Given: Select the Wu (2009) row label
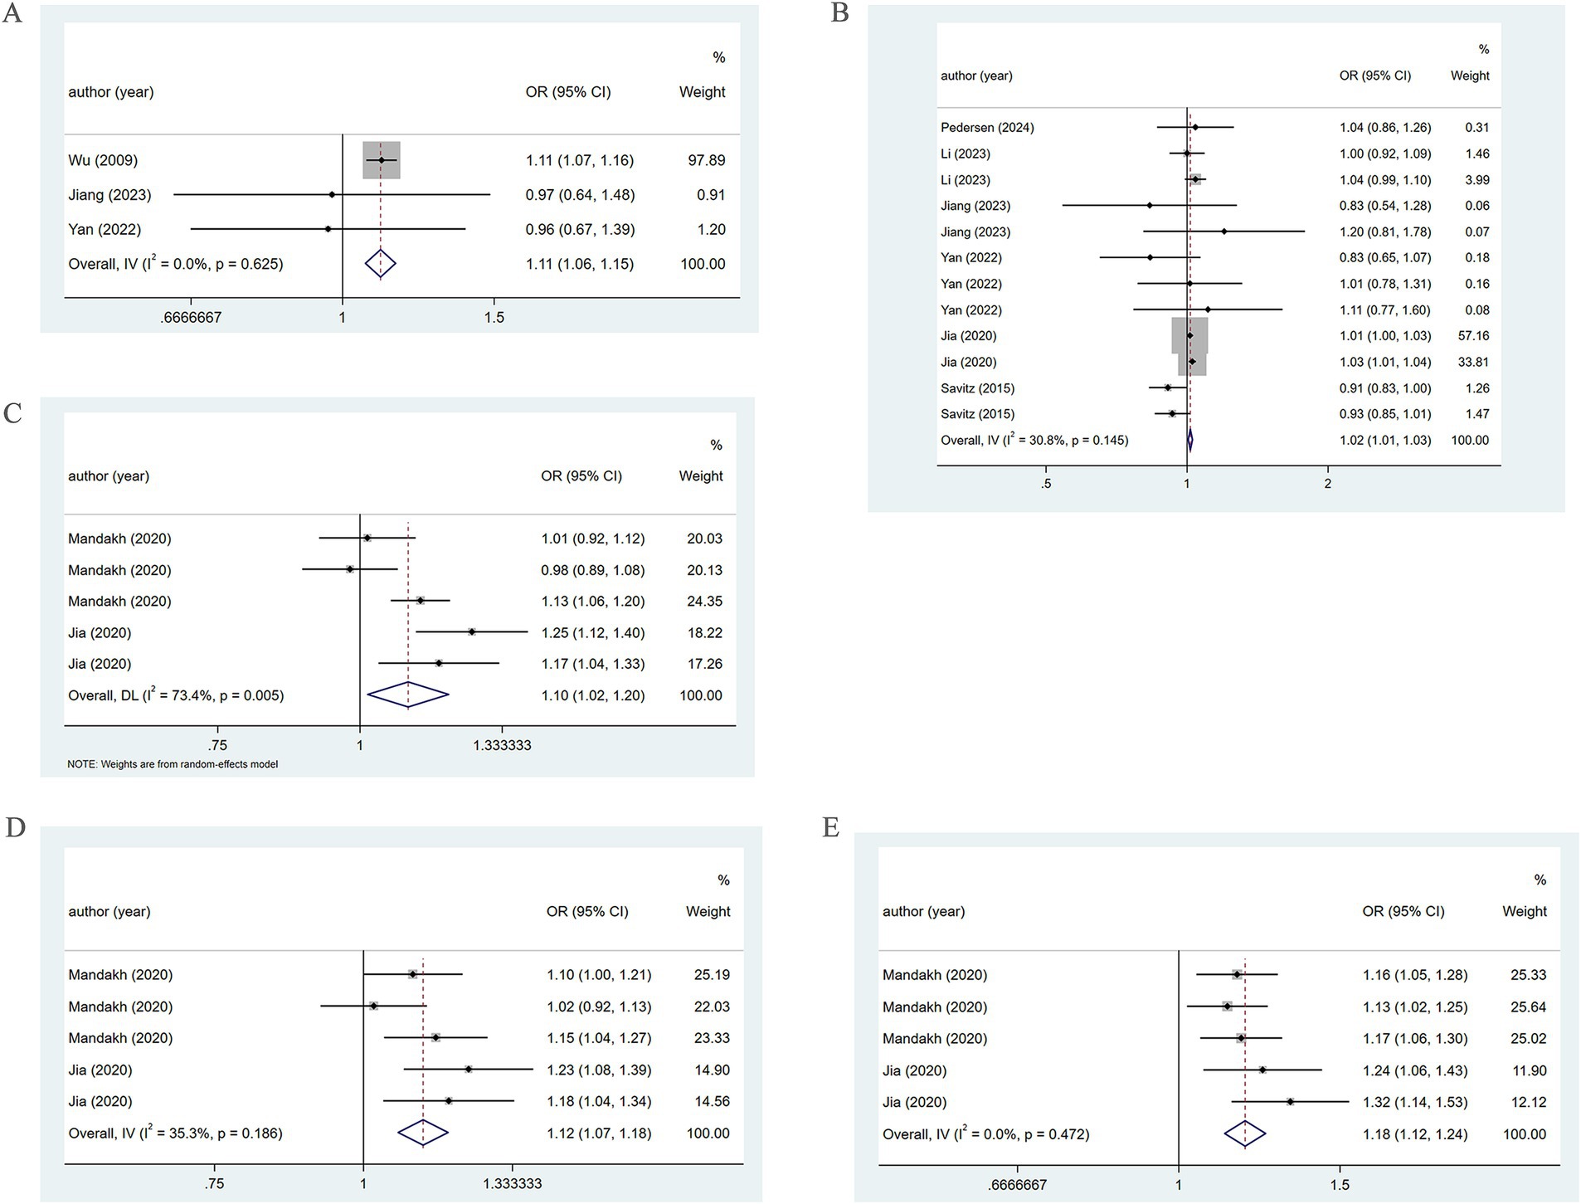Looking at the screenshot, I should pyautogui.click(x=103, y=160).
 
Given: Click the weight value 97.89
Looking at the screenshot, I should pyautogui.click(x=706, y=160).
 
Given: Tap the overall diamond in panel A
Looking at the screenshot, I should pyautogui.click(x=381, y=264).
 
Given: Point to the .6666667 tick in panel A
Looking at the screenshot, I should pyautogui.click(x=191, y=317).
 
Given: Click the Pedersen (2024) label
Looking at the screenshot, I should pyautogui.click(x=987, y=128).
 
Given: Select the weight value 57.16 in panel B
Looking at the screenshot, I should pyautogui.click(x=1471, y=336).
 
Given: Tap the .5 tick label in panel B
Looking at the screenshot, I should pyautogui.click(x=1046, y=484).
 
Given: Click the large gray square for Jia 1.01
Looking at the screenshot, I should pyautogui.click(x=1189, y=335).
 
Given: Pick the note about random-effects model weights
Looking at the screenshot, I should pyautogui.click(x=173, y=764).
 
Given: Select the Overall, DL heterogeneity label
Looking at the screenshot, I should pyautogui.click(x=176, y=695).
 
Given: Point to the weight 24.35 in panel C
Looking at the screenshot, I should pyautogui.click(x=704, y=602).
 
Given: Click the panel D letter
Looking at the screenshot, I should pyautogui.click(x=14, y=828).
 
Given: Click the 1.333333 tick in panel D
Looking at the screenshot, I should pyautogui.click(x=513, y=1184).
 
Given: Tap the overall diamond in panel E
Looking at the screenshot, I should pyautogui.click(x=1245, y=1134).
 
